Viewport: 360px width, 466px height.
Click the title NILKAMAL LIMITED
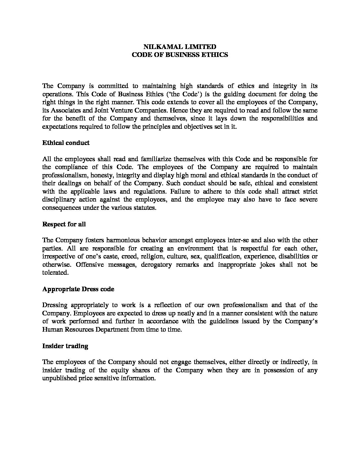tap(180, 47)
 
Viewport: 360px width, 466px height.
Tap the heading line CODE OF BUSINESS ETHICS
tap(180, 55)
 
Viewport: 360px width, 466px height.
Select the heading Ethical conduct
tap(66, 143)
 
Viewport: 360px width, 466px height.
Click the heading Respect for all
tap(64, 224)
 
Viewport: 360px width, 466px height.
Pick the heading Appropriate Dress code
tap(78, 289)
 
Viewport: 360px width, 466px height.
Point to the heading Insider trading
tap(65, 346)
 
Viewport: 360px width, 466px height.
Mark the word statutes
tap(144, 208)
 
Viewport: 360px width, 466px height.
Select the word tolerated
tap(55, 272)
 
